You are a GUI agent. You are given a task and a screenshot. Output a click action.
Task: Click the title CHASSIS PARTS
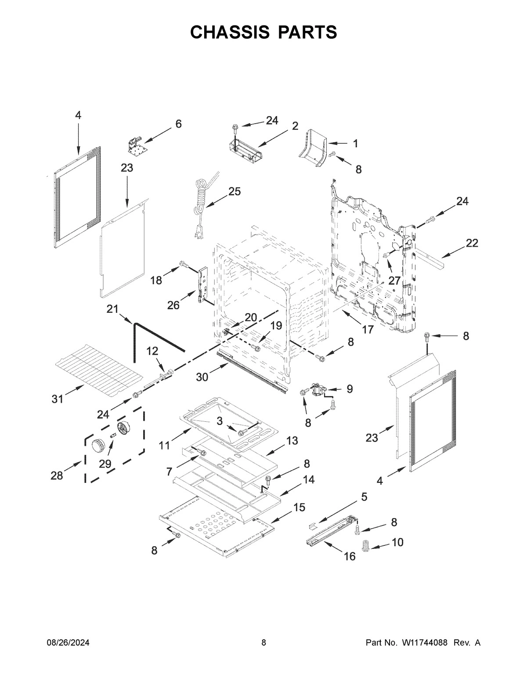coord(263,32)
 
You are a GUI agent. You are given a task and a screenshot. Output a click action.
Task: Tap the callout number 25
coord(235,191)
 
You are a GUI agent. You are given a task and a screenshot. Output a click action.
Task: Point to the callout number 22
coord(472,243)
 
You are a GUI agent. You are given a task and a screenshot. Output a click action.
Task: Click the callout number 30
coord(202,376)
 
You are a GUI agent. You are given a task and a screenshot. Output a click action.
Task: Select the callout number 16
coord(349,556)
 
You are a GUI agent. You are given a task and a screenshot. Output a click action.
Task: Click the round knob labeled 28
coord(96,445)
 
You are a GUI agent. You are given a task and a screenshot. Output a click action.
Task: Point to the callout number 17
coord(367,329)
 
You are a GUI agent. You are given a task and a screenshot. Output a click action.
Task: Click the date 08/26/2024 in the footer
coord(68,643)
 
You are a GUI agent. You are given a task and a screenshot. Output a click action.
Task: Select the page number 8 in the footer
coord(263,643)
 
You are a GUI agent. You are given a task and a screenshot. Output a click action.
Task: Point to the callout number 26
coord(173,305)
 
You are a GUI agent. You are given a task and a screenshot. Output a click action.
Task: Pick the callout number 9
coord(350,388)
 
